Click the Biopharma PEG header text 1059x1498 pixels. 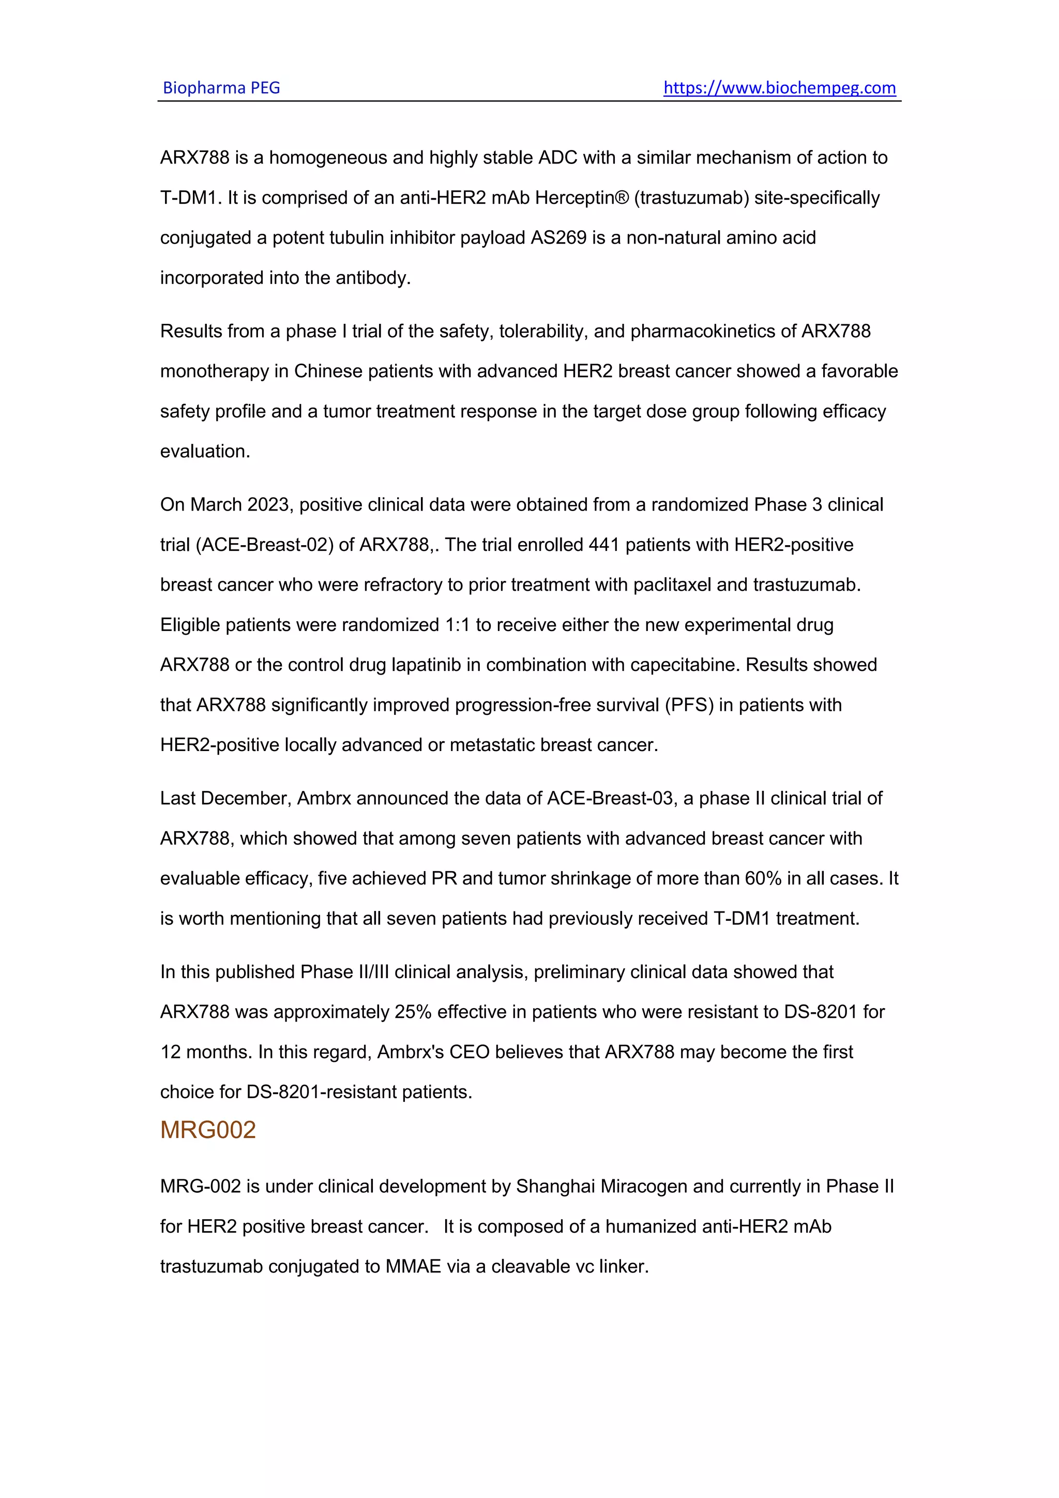tap(221, 87)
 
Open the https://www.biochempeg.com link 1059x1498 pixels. tap(779, 87)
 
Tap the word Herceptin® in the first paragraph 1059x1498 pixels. tap(582, 198)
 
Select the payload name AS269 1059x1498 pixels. tap(559, 237)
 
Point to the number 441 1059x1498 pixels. tap(604, 545)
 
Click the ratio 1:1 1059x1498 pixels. tap(457, 625)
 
